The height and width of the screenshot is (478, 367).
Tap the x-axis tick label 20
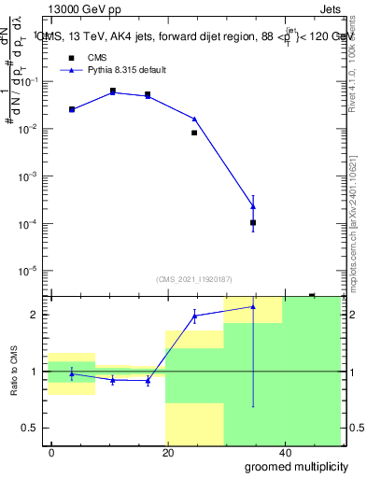(168, 453)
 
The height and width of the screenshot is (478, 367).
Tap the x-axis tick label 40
(284, 453)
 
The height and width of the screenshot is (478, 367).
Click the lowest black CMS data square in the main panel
(253, 222)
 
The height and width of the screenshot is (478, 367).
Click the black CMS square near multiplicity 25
(194, 133)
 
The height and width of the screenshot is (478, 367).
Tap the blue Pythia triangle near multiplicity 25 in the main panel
(194, 119)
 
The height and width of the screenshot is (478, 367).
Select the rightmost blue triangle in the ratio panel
(253, 306)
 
